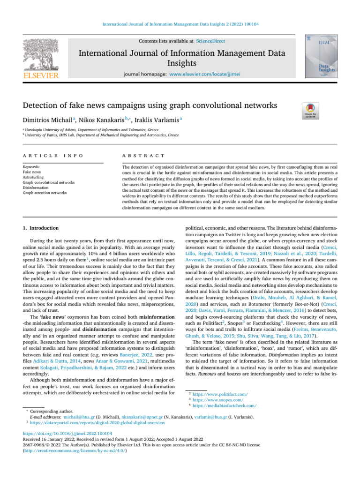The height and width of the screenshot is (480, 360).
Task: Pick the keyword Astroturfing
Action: [x=33, y=177]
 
